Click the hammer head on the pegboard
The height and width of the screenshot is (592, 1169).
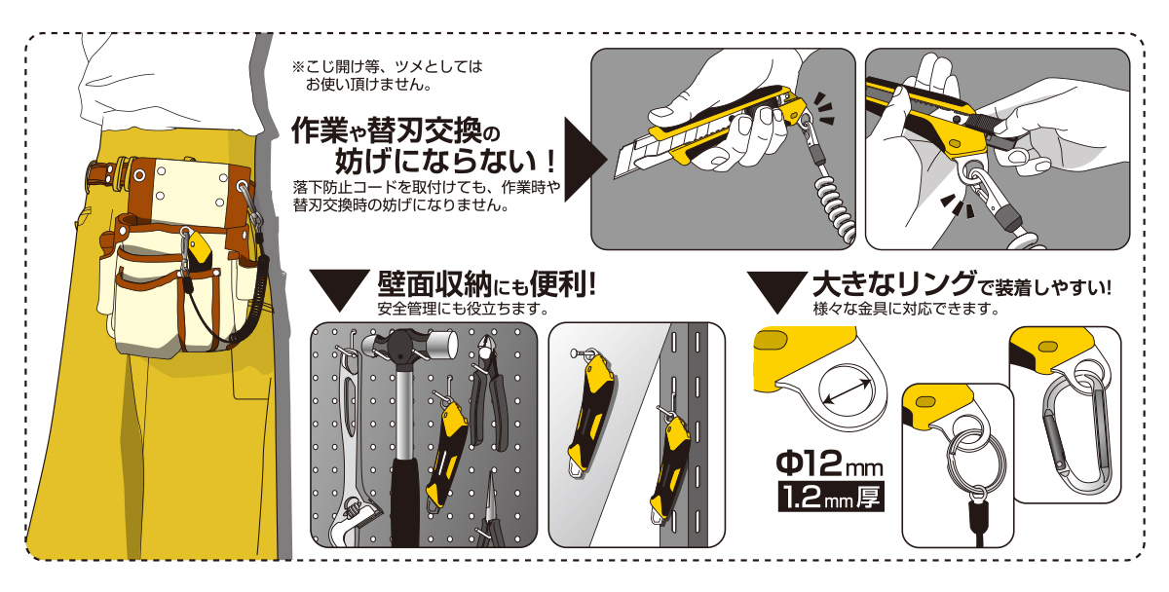pos(410,345)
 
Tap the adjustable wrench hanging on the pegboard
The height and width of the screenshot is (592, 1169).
pos(351,443)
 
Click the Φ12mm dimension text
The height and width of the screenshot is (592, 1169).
pos(829,463)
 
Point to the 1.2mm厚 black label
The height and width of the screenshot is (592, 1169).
pos(831,497)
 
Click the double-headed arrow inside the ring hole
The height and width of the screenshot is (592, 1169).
pos(847,391)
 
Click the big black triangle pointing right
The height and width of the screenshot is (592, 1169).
pos(585,159)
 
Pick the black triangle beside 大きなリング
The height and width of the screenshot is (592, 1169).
pos(777,292)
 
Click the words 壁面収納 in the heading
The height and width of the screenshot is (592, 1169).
pos(434,284)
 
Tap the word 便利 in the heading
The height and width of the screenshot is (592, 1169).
pos(557,284)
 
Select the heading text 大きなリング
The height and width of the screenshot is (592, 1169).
pos(894,284)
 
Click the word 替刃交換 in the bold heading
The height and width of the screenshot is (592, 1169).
pos(425,129)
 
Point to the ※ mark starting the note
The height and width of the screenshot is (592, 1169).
pos(297,67)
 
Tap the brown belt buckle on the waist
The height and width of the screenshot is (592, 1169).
pos(108,173)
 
